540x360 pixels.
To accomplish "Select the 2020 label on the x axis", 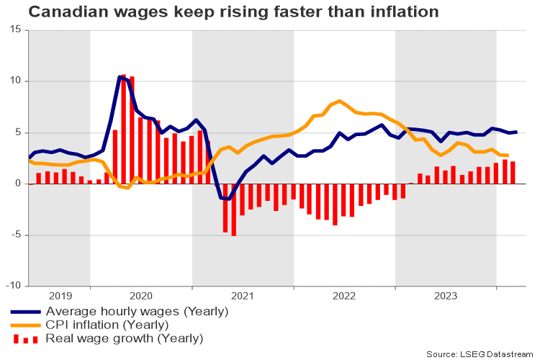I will pyautogui.click(x=141, y=295).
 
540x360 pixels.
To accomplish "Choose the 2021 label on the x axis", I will pyautogui.click(x=243, y=295).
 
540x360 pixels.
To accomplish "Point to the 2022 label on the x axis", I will pyautogui.click(x=345, y=295).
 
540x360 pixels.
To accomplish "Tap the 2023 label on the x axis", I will pyautogui.click(x=446, y=295).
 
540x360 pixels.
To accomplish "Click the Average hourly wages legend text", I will pyautogui.click(x=137, y=312).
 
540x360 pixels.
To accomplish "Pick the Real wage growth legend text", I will pyautogui.click(x=124, y=338).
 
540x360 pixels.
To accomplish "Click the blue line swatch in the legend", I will pyautogui.click(x=25, y=312).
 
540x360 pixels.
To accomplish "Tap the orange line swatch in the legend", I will pyautogui.click(x=25, y=325).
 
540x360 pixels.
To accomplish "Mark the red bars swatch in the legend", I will pyautogui.click(x=25, y=338).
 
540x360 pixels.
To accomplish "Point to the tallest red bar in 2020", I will pyautogui.click(x=124, y=130).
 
